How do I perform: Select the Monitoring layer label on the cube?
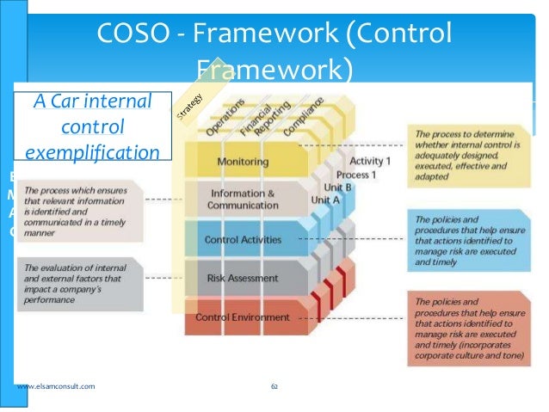pos(242,162)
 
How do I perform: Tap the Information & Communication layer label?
pos(244,200)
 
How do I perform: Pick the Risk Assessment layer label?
pos(243,278)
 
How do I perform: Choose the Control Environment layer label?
pos(243,317)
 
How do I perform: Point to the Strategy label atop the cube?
pos(190,105)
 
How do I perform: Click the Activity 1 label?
pos(371,161)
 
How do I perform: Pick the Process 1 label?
pos(358,174)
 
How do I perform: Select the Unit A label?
pos(325,199)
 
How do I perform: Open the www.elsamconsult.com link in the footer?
pos(56,387)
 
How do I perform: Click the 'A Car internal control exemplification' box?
pos(92,127)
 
